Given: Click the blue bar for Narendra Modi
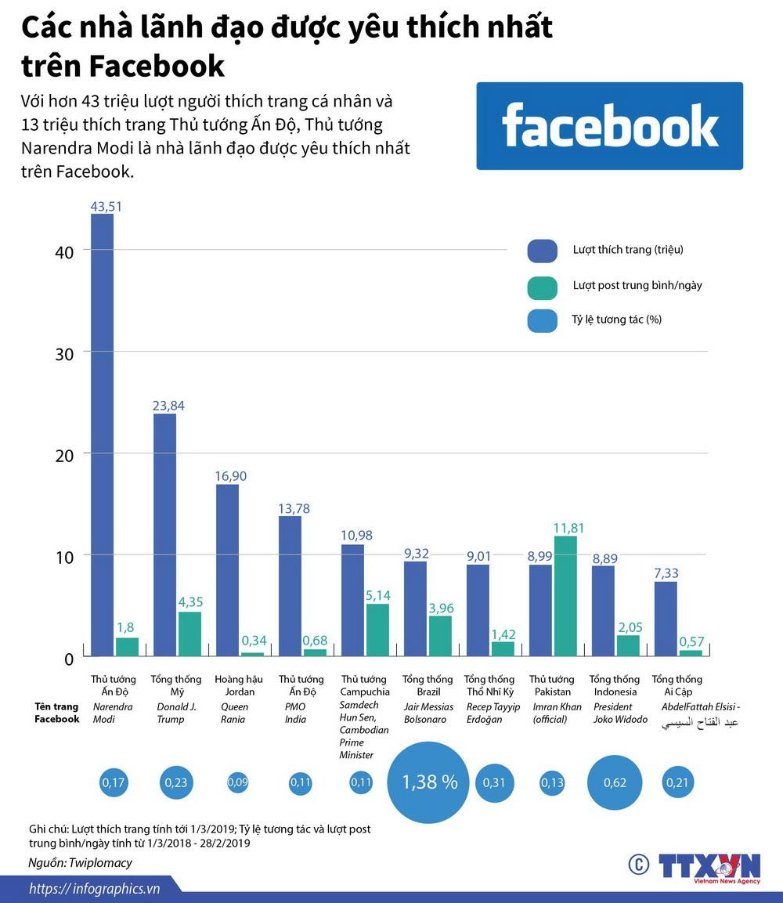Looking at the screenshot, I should (x=102, y=435).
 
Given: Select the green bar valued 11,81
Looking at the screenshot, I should (x=565, y=596).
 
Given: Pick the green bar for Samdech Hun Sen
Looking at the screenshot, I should (x=377, y=630).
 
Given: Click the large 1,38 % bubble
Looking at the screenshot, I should (x=428, y=782).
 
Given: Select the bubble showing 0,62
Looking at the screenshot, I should (x=615, y=782).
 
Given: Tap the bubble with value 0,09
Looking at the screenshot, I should (x=236, y=782).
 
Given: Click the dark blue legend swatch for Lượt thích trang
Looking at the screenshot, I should (x=542, y=250).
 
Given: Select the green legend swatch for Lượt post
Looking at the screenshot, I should (x=542, y=286).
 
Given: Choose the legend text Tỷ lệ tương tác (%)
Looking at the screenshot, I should (x=617, y=320).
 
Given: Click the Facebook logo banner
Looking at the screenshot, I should (x=609, y=126).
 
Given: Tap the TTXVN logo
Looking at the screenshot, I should (x=708, y=866).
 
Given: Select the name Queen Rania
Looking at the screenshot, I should (x=235, y=713).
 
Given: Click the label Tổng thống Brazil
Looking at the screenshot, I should (x=428, y=685).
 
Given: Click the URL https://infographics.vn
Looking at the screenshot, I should (x=94, y=888).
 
